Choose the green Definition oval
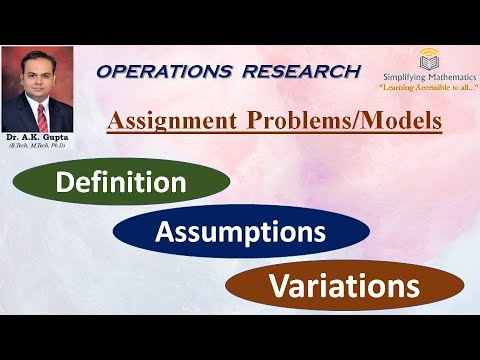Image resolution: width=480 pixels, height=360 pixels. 121,182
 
